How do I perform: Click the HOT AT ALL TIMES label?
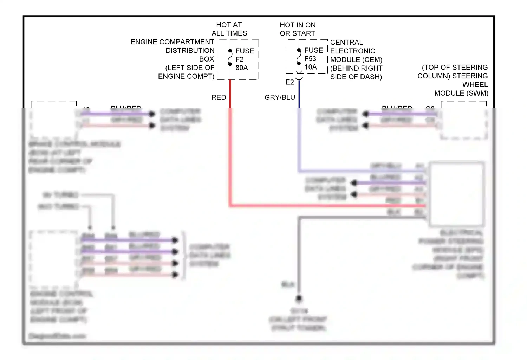click(x=229, y=29)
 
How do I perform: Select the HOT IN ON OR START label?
click(x=298, y=29)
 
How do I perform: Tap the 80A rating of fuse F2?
click(x=242, y=68)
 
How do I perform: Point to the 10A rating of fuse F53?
click(x=311, y=67)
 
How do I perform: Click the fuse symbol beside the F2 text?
click(x=230, y=58)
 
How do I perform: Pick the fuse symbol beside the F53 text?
click(x=299, y=57)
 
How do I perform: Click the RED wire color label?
click(x=219, y=97)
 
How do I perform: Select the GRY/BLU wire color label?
click(x=280, y=97)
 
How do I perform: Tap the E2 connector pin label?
click(x=289, y=82)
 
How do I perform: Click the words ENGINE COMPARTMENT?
click(x=172, y=42)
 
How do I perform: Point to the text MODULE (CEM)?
click(x=356, y=59)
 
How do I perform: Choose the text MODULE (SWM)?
click(x=461, y=93)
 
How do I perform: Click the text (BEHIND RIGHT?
click(x=356, y=68)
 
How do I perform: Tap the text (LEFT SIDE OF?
click(x=190, y=68)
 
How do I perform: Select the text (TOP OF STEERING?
click(x=455, y=67)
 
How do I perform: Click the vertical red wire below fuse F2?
click(x=230, y=141)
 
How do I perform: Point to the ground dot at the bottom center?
click(x=299, y=298)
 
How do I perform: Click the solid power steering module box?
click(x=456, y=194)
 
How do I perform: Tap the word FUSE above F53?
click(x=313, y=50)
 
